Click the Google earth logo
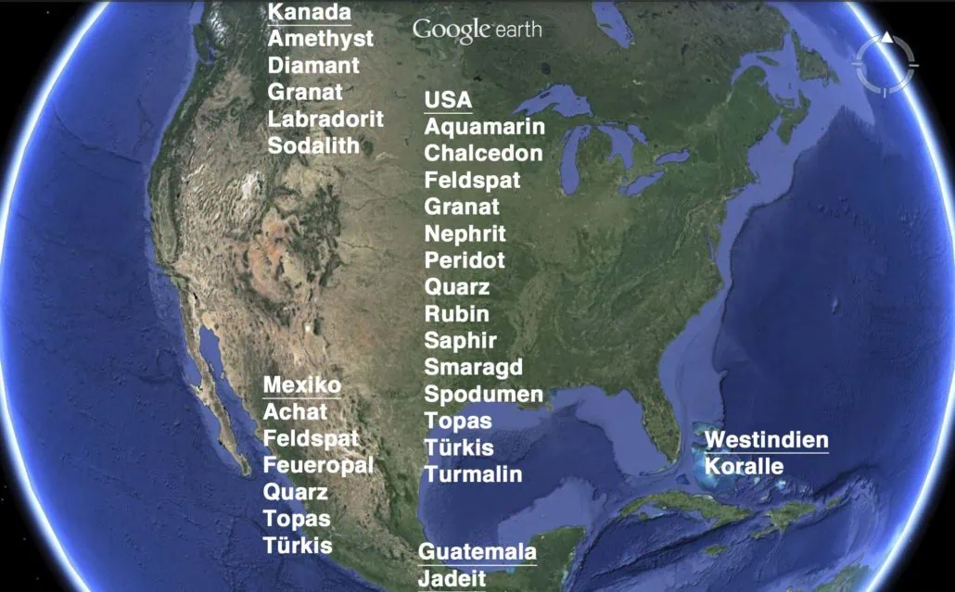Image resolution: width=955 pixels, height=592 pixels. point(477,30)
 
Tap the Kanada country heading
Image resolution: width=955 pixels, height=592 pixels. point(309,12)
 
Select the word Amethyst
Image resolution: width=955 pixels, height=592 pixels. point(321,39)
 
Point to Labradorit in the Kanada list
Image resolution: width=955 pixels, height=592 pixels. point(325,119)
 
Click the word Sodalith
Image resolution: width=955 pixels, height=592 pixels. point(313,145)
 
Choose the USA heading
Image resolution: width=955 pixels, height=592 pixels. point(448,100)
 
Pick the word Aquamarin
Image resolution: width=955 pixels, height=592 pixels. point(485,127)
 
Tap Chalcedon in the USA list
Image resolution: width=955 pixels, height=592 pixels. point(483,153)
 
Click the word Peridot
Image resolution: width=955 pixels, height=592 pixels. point(465,260)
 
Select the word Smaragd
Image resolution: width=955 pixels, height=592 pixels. point(474,367)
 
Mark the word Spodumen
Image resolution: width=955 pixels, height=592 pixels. point(484,394)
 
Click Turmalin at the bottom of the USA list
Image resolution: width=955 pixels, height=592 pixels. point(474,474)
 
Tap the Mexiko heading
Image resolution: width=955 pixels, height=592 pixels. point(302,384)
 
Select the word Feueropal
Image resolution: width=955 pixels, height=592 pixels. point(318,465)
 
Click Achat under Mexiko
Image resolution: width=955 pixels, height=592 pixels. point(295,411)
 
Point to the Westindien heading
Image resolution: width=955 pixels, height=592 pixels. point(767,440)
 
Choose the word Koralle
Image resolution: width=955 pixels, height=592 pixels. point(744,466)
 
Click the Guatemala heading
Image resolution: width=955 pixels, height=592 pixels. point(477,552)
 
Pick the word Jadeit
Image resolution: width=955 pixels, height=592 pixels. point(452,579)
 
